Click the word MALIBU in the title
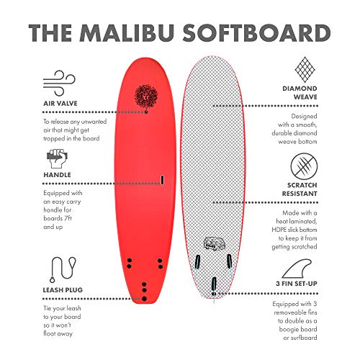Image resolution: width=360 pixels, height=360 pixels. pyautogui.click(x=127, y=33)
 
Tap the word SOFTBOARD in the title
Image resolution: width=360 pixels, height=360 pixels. pyautogui.click(x=257, y=33)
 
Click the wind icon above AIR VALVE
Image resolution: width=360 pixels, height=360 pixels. pyautogui.click(x=59, y=84)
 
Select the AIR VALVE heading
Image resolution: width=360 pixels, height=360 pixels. pyautogui.click(x=60, y=104)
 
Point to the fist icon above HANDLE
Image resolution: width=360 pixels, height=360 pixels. pyautogui.click(x=57, y=158)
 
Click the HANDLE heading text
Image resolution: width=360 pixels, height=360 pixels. pyautogui.click(x=57, y=175)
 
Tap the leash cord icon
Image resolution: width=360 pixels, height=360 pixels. pyautogui.click(x=63, y=269)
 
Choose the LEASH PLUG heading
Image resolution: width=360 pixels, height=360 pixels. pyautogui.click(x=63, y=290)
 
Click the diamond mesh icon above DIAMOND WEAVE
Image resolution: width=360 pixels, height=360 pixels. pyautogui.click(x=305, y=70)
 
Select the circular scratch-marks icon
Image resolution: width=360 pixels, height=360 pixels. pyautogui.click(x=304, y=166)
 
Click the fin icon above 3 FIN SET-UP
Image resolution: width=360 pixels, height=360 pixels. pyautogui.click(x=297, y=269)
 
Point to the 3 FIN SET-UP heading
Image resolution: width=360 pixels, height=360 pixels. pyautogui.click(x=297, y=284)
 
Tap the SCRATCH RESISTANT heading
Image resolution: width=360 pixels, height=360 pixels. pyautogui.click(x=300, y=189)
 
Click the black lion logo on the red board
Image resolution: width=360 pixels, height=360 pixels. pyautogui.click(x=146, y=96)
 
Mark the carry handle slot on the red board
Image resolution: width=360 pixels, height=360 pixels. pyautogui.click(x=162, y=180)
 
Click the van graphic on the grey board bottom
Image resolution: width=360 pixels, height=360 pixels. pyautogui.click(x=212, y=243)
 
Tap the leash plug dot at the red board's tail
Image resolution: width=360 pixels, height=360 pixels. pyautogui.click(x=144, y=299)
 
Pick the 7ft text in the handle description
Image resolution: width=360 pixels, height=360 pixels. pyautogui.click(x=68, y=218)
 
